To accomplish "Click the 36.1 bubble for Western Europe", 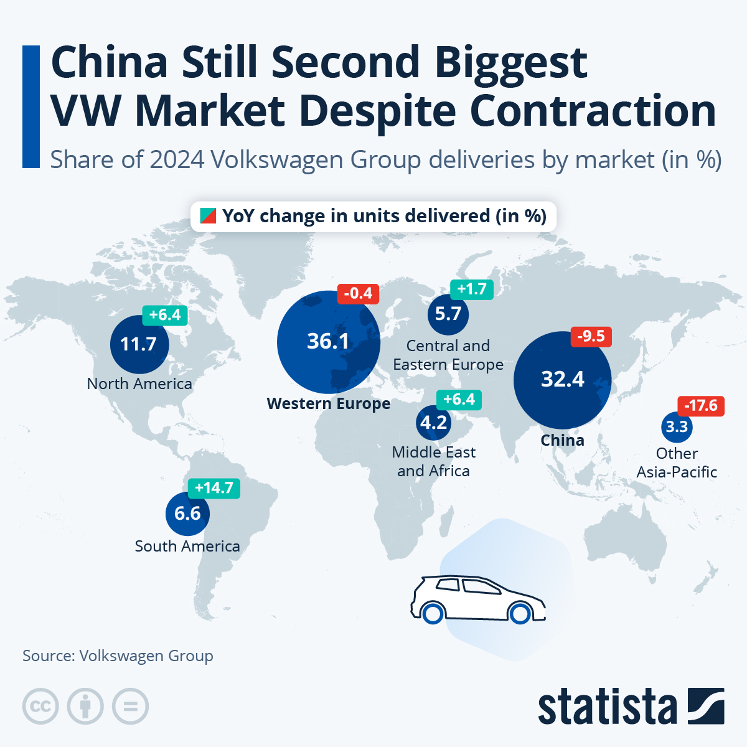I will pos(328,342).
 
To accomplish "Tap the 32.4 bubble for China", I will pos(562,380).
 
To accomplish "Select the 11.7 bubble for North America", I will pos(139,344).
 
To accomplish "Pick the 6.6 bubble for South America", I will pos(187,514).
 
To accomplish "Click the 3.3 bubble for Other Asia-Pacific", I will pos(677,427).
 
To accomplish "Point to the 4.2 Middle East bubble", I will pos(434,423).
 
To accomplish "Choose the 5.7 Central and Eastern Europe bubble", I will pos(448,314).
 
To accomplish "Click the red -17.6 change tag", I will pos(701,406).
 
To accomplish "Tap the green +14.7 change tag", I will pos(214,488).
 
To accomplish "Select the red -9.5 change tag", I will pos(591,337).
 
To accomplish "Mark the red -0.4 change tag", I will pos(358,294).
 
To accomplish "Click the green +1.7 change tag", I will pos(472,289).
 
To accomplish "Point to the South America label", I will pos(187,547).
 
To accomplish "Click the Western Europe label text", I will pos(329,404).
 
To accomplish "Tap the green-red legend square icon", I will pos(208,216).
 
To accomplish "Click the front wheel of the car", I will pos(519,614).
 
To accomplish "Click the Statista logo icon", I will pos(706,706).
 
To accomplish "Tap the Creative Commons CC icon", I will pos(40,707).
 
